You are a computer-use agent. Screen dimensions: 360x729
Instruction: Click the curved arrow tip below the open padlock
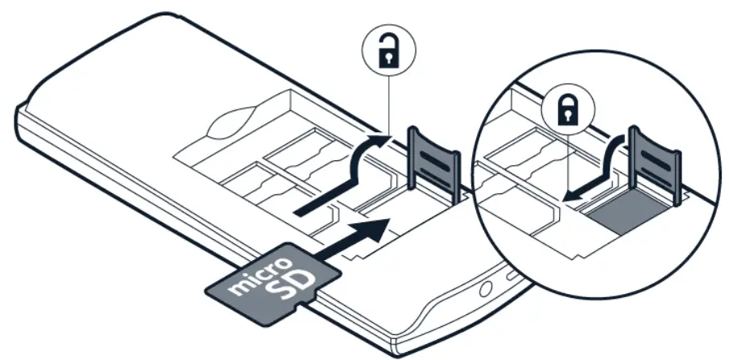point(379,138)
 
